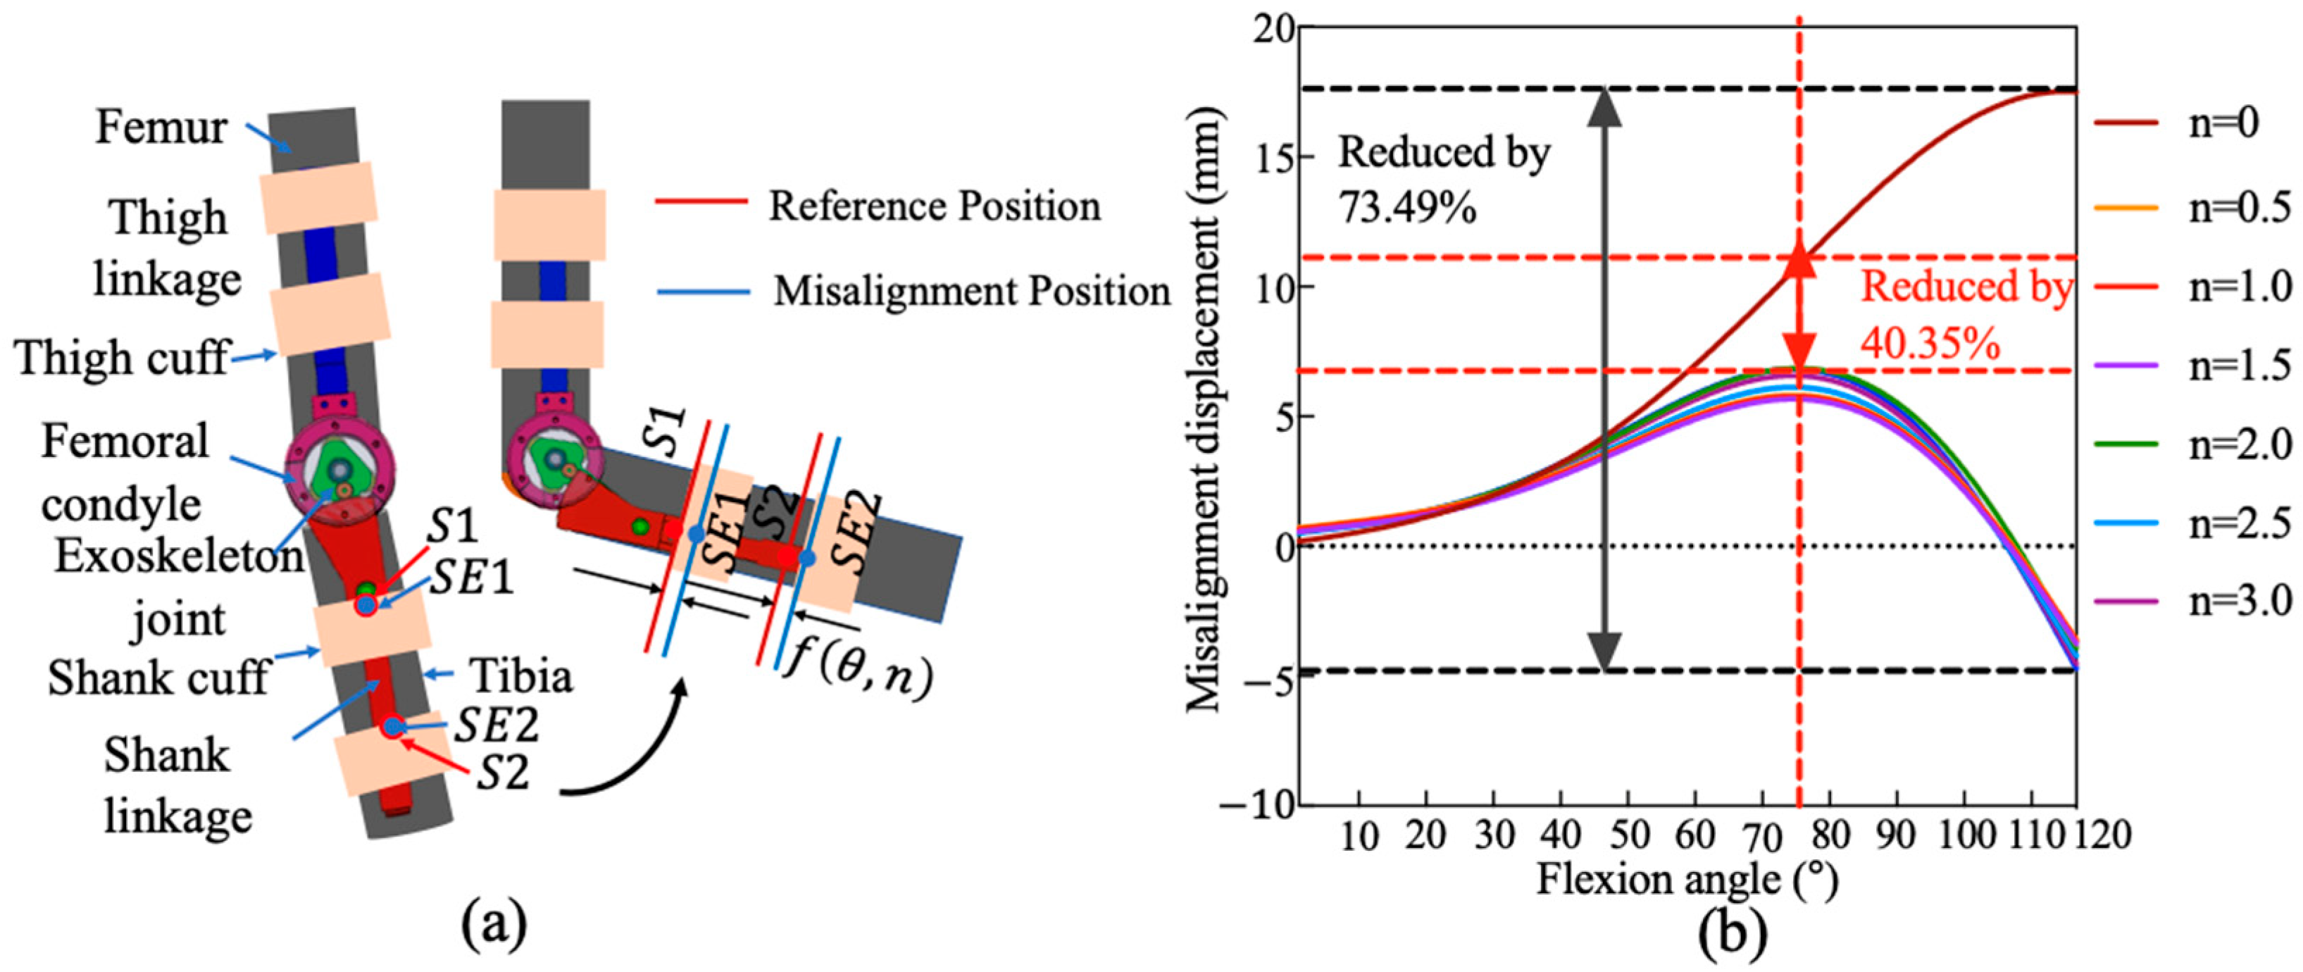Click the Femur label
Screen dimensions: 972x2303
(161, 128)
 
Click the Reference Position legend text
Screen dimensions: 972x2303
(935, 206)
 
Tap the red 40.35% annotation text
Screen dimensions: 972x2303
(1931, 342)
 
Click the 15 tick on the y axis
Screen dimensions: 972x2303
(1275, 157)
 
